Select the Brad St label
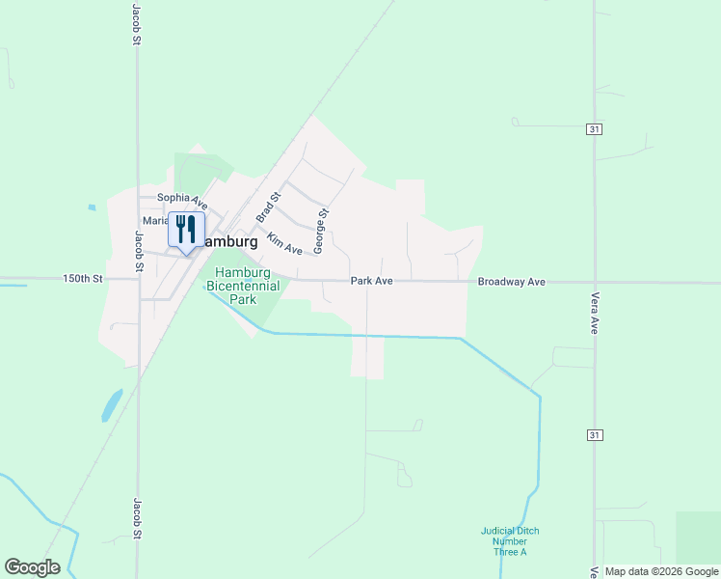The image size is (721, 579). tap(268, 207)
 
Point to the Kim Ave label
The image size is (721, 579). tap(284, 244)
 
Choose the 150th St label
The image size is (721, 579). tap(82, 278)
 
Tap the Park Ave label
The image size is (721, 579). tap(371, 281)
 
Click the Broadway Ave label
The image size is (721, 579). tap(512, 282)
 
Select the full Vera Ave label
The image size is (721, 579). tap(596, 313)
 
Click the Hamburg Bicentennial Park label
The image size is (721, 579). tap(247, 286)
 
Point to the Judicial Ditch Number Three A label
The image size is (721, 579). tap(510, 541)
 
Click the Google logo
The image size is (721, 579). tap(32, 567)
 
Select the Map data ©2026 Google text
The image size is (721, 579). tap(660, 571)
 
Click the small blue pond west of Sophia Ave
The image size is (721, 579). tap(92, 207)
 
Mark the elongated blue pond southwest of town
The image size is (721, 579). tap(112, 405)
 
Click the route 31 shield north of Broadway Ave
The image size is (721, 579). tap(595, 128)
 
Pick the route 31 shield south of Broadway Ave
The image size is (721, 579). tap(595, 436)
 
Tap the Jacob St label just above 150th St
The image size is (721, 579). tap(138, 253)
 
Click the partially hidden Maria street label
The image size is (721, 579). tap(154, 221)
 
